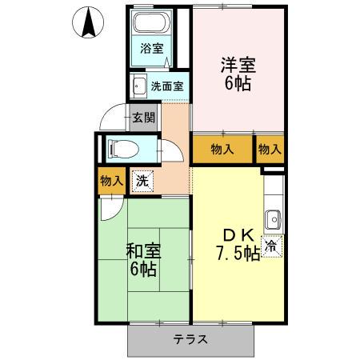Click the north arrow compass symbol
[90, 22]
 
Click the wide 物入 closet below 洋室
[222, 149]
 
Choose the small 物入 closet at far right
[270, 149]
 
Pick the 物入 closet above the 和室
[111, 181]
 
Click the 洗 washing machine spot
[142, 181]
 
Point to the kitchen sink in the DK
[274, 217]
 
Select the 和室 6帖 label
[143, 260]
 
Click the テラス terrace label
[191, 339]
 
